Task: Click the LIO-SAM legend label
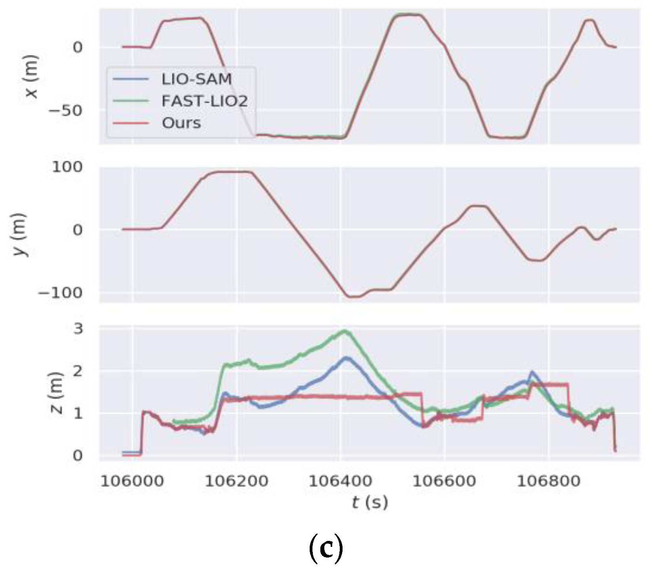coord(196,79)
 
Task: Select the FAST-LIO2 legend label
coord(204,101)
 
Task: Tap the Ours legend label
coord(181,123)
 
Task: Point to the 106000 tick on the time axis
coord(132,481)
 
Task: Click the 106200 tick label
coord(236,481)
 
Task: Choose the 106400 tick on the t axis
coord(340,481)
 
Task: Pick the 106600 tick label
coord(444,481)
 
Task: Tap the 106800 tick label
coord(548,481)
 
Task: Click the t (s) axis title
coord(369,503)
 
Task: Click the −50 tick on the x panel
coord(65,110)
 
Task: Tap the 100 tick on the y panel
coord(67,167)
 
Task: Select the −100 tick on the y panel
coord(60,293)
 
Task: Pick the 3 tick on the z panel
coord(78,328)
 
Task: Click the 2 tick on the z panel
coord(78,371)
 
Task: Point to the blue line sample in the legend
coord(131,79)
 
